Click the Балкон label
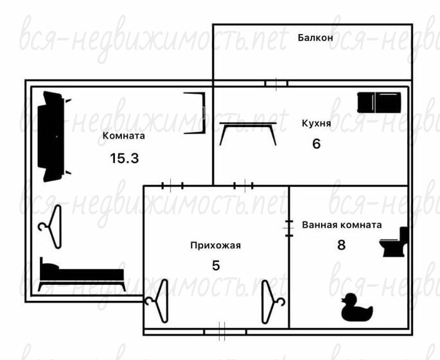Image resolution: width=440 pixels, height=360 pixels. tap(315, 38)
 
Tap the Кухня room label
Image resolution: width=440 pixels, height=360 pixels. tap(316, 123)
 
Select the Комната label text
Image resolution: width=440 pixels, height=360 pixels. tap(124, 135)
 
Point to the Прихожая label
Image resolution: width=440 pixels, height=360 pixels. tap(216, 245)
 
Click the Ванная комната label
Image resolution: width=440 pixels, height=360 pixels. tap(342, 225)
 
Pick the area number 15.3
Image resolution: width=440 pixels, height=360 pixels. tap(125, 159)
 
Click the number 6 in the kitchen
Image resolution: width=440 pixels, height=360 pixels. tap(316, 144)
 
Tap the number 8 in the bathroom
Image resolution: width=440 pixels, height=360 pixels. tap(341, 245)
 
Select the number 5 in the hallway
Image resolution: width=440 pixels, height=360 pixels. tap(216, 266)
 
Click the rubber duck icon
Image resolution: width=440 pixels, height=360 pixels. tap(357, 309)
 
